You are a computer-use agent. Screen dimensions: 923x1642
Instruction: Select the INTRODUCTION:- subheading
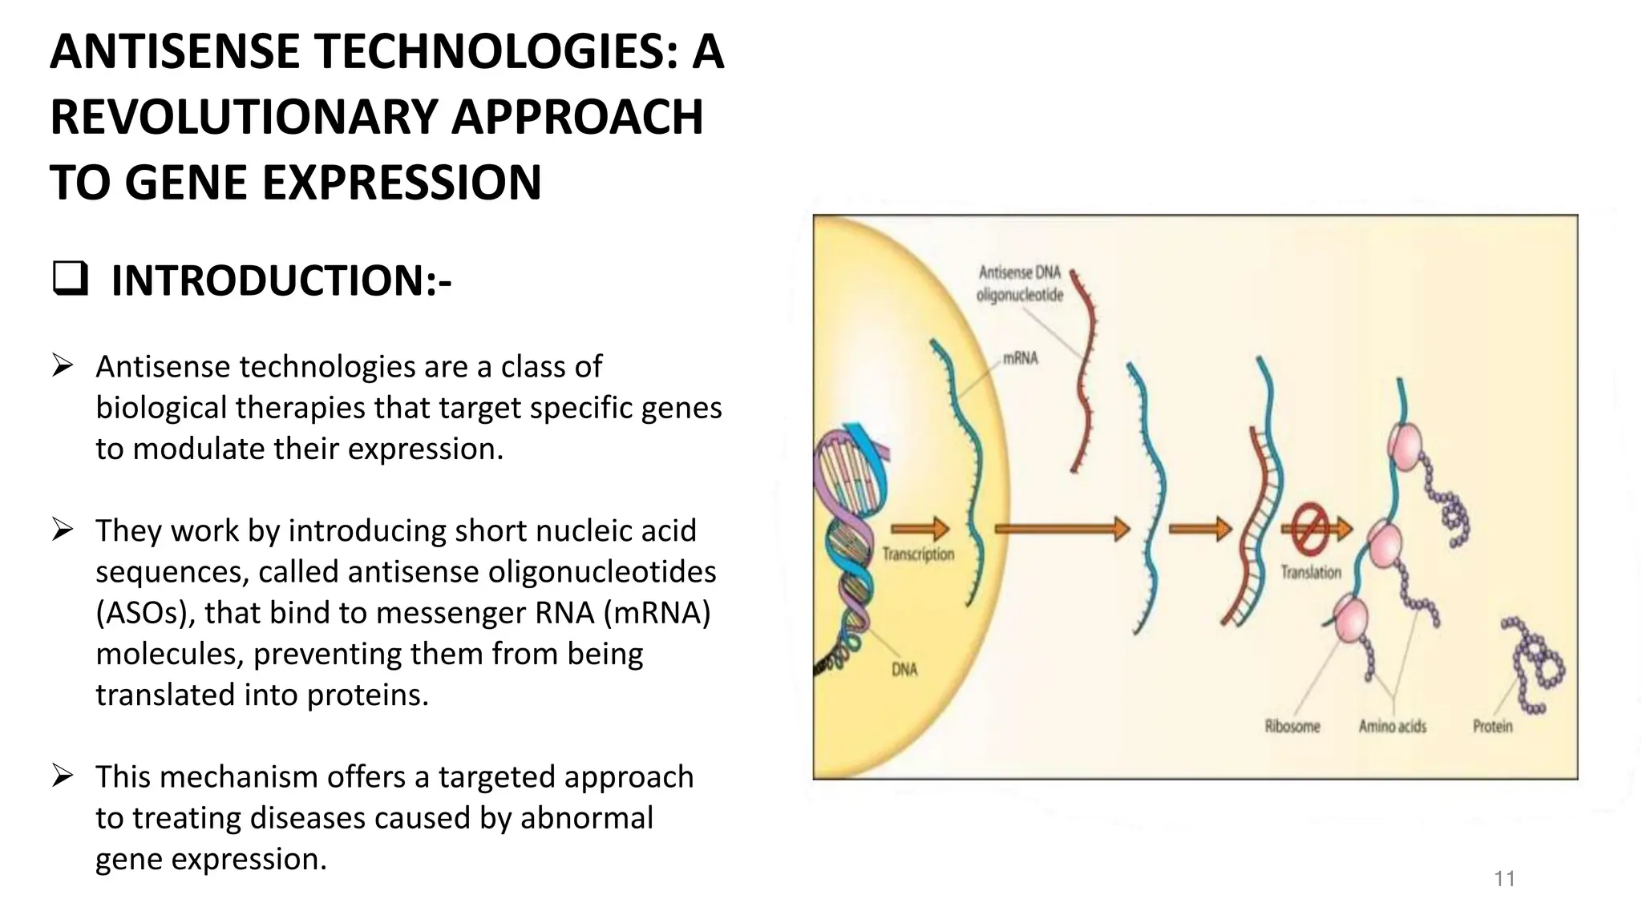pos(281,280)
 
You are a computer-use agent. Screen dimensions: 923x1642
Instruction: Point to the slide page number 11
pos(1504,879)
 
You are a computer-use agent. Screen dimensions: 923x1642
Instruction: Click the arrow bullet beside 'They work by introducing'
pos(63,530)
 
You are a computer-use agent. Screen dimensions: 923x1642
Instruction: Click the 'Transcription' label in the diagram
pos(918,554)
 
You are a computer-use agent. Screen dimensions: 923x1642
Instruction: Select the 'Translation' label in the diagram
pos(1310,572)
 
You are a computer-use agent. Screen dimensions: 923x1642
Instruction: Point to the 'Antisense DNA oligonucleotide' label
pos(1020,284)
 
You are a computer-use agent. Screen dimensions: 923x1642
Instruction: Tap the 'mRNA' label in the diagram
pos(1020,358)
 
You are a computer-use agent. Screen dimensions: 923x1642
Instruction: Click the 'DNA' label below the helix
pos(904,669)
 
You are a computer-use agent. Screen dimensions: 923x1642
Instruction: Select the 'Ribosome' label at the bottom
pos(1292,727)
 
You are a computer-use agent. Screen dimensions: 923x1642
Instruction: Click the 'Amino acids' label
pos(1392,727)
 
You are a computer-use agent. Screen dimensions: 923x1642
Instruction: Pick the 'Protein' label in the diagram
pos(1492,727)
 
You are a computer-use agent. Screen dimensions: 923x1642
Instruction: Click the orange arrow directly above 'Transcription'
pos(920,528)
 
